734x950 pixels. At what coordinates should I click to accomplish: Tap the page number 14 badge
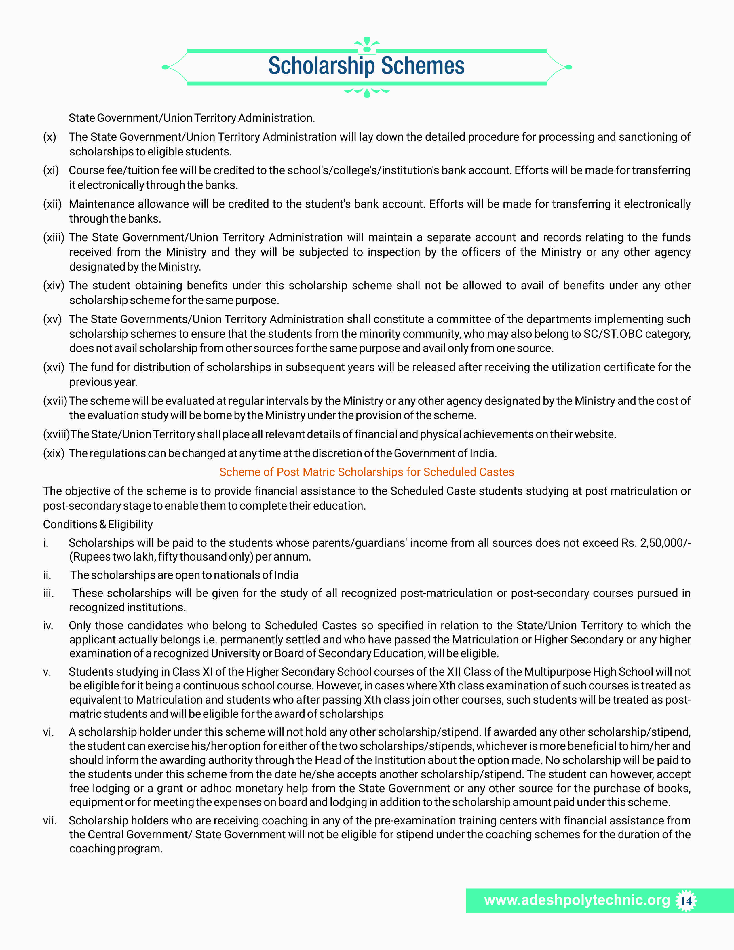686,900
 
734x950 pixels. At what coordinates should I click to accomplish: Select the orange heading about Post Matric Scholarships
366,472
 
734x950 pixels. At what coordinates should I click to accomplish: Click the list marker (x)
50,137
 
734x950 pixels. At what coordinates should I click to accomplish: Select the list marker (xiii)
54,238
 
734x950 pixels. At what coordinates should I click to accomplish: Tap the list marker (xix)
54,453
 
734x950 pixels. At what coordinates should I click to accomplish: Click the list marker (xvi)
54,367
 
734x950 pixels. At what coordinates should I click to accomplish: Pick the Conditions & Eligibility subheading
98,524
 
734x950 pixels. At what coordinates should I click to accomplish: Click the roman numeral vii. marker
50,820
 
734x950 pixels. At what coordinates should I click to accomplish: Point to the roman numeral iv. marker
48,626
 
